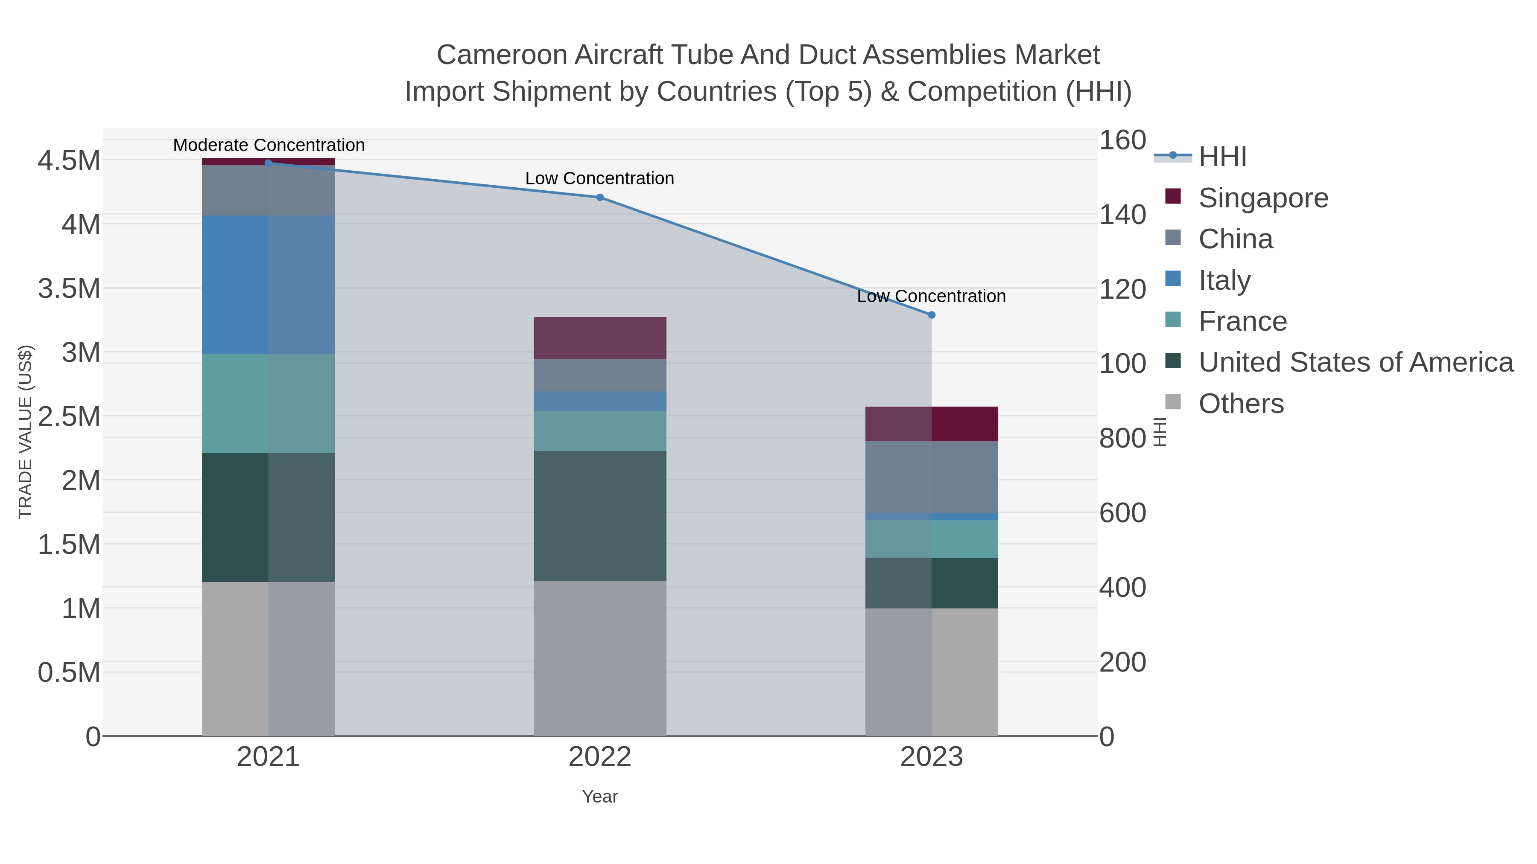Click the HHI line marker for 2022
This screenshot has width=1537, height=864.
tap(600, 198)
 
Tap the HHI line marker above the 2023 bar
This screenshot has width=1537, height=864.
tap(932, 315)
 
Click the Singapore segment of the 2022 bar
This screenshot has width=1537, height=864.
tap(600, 337)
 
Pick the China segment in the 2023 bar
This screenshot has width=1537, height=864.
tap(932, 477)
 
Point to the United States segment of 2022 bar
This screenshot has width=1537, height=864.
tap(600, 516)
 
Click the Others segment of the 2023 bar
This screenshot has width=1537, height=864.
tap(932, 672)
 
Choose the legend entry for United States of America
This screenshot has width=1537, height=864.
tap(1355, 363)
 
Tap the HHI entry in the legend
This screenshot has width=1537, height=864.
tap(1222, 157)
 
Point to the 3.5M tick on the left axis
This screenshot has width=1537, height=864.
tap(69, 288)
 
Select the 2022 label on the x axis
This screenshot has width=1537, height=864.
tap(600, 757)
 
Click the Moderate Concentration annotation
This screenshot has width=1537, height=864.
tap(269, 145)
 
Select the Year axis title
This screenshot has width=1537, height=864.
tap(600, 797)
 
